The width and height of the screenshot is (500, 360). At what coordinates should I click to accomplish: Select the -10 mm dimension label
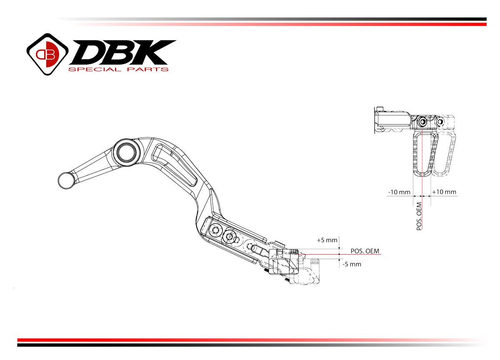[x=399, y=192]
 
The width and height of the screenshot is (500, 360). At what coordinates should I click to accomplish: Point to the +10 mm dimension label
[x=444, y=192]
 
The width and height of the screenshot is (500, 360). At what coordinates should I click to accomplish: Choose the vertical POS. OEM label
[x=419, y=216]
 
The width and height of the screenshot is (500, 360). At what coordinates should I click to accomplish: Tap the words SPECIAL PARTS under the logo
[x=118, y=69]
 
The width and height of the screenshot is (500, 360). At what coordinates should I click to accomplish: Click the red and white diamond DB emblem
[x=47, y=54]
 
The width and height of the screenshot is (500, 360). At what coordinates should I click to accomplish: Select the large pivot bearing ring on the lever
[x=126, y=151]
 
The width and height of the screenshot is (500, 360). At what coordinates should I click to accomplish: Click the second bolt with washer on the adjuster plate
[x=229, y=237]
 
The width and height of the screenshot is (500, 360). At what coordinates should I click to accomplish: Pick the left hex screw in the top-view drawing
[x=423, y=122]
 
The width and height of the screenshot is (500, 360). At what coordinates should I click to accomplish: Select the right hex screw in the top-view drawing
[x=440, y=122]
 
